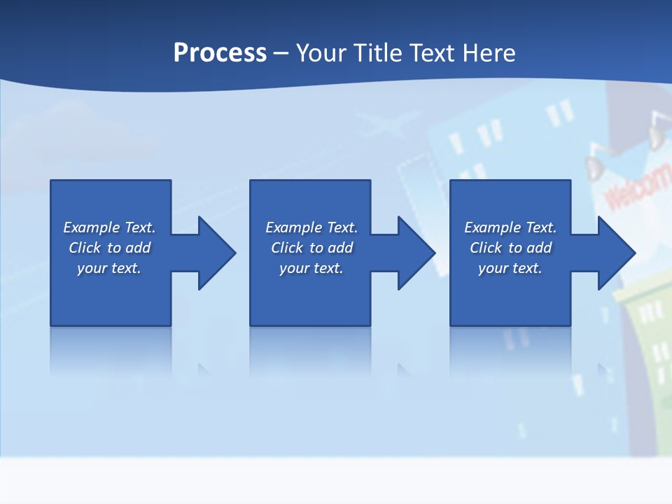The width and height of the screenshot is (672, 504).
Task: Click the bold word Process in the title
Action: tap(220, 53)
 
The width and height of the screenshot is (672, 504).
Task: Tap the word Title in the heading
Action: tap(378, 53)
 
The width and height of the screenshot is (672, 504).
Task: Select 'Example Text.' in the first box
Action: tap(109, 227)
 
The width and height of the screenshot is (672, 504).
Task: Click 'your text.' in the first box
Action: tap(109, 268)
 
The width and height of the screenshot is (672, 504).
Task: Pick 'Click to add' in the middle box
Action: tap(311, 248)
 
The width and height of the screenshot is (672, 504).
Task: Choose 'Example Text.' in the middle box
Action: tap(311, 227)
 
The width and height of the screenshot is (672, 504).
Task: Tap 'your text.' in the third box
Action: tap(510, 268)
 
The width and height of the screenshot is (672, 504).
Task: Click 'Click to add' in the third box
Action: tap(510, 248)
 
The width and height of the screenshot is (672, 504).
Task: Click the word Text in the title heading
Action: tap(431, 53)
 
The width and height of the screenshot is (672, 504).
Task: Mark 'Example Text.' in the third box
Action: tap(510, 227)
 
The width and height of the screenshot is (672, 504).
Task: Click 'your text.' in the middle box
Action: tap(311, 268)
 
